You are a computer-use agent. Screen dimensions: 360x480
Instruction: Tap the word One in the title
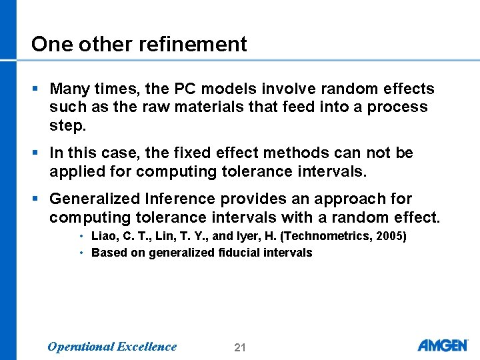(51, 44)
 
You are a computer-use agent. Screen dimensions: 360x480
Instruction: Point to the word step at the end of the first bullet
(66, 125)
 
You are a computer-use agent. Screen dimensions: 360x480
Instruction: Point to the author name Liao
(104, 235)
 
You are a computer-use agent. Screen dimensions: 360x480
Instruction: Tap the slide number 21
(240, 347)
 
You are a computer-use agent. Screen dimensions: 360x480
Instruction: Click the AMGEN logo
(443, 345)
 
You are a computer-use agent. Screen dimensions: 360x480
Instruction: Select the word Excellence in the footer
(147, 347)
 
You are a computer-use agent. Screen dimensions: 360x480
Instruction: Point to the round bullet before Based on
(80, 253)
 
